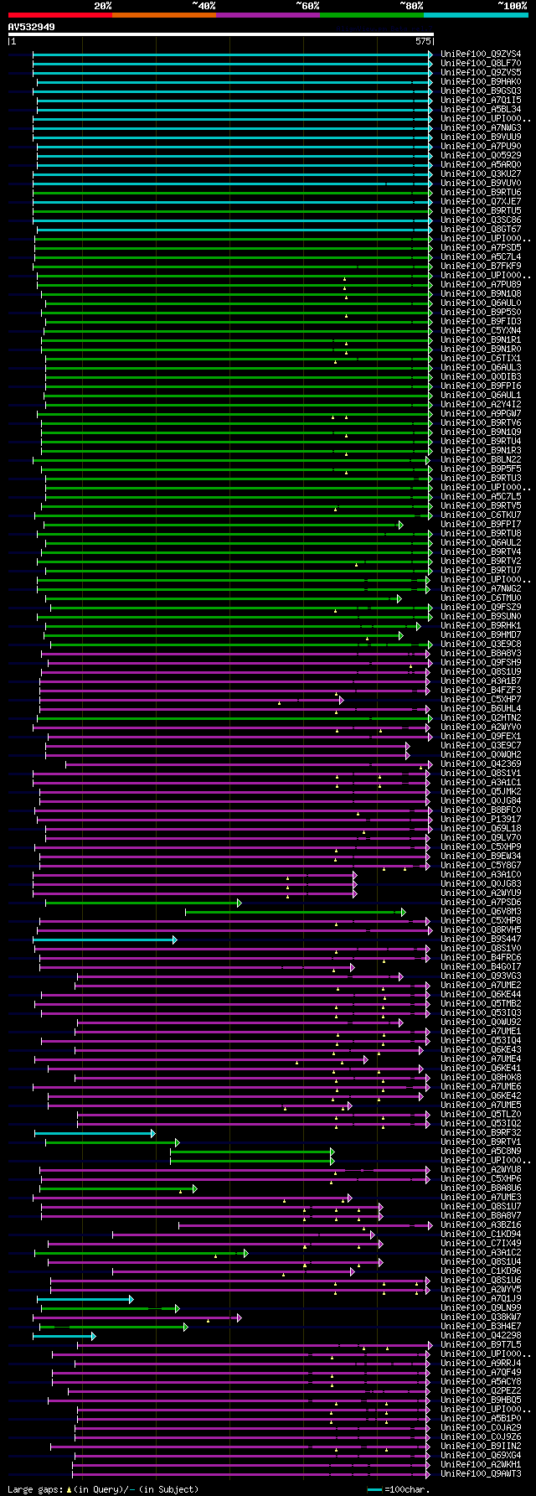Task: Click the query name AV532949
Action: click(32, 27)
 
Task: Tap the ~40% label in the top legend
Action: click(204, 6)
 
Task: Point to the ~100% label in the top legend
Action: click(512, 6)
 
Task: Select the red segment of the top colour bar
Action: click(59, 15)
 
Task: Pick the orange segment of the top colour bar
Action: click(163, 15)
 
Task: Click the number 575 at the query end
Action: click(423, 40)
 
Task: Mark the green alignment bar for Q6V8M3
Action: click(293, 912)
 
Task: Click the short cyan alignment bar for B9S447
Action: click(105, 940)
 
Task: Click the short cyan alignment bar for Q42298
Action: click(64, 1336)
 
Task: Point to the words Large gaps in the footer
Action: click(33, 1489)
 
